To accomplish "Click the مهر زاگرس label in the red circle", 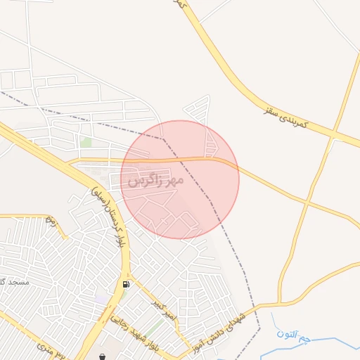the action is [x=155, y=181].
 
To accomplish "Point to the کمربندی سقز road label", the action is [x=286, y=117].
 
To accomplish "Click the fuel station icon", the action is [x=126, y=285].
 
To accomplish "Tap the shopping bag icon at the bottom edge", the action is [x=103, y=356].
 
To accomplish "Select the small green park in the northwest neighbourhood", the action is [x=86, y=142].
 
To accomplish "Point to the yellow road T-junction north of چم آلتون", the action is [x=281, y=303].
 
